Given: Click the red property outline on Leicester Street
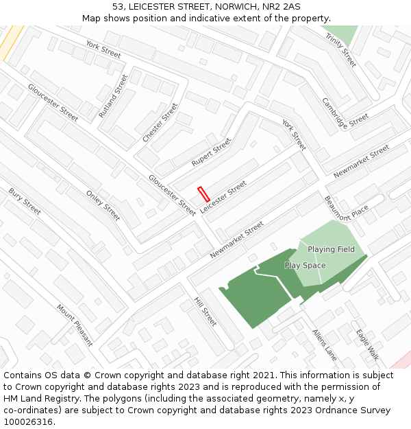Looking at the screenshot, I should click(x=203, y=194).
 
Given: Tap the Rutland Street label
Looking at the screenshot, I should click(x=113, y=96).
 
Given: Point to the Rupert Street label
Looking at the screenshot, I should click(x=212, y=152).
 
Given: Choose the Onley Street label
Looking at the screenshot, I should click(x=103, y=205).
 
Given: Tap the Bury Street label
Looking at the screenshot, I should click(x=25, y=201).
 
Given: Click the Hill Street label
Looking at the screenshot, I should click(x=205, y=312).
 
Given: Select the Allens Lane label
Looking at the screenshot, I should click(x=325, y=345).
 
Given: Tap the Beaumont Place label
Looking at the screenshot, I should click(x=346, y=208).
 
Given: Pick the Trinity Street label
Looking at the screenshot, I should click(x=341, y=49).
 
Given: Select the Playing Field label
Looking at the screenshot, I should click(x=331, y=249).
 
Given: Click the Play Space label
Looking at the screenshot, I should click(x=305, y=266).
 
